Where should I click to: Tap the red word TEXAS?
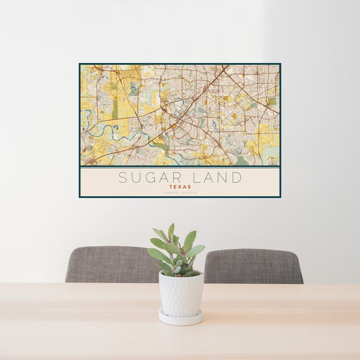[180, 187]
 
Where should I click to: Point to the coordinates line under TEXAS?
[180, 192]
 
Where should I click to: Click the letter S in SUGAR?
[123, 178]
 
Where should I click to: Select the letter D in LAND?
[237, 178]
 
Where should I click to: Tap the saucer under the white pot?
[181, 319]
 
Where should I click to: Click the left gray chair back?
[111, 265]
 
